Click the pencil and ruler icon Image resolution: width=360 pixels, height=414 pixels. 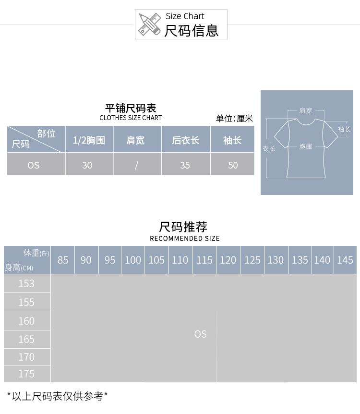[x=149, y=24]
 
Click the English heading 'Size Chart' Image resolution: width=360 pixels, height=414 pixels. [x=185, y=16]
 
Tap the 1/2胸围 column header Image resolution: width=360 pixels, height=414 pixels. [x=89, y=140]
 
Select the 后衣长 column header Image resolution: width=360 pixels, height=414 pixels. [x=185, y=140]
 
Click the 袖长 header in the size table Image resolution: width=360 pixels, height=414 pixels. [x=232, y=140]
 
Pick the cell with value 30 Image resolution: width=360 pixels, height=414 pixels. [x=87, y=165]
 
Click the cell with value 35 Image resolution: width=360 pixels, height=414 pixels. [x=185, y=165]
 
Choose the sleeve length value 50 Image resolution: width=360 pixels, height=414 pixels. [x=233, y=165]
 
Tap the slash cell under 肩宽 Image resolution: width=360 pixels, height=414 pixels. [x=136, y=165]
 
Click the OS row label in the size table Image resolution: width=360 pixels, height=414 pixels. [x=34, y=165]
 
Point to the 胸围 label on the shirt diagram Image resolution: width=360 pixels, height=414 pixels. [x=306, y=146]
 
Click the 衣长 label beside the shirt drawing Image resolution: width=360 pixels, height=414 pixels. [x=269, y=148]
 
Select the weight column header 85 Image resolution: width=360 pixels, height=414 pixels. [x=63, y=260]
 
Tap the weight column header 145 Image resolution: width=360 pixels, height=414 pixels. [x=345, y=260]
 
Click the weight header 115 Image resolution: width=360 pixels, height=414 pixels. [x=204, y=260]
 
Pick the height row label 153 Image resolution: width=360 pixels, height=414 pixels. [x=26, y=283]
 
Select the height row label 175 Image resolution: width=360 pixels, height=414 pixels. [x=26, y=374]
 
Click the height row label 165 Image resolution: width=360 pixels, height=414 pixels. [x=26, y=339]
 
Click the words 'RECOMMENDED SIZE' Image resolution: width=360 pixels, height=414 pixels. [x=184, y=238]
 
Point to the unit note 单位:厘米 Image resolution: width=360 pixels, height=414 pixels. [x=234, y=119]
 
